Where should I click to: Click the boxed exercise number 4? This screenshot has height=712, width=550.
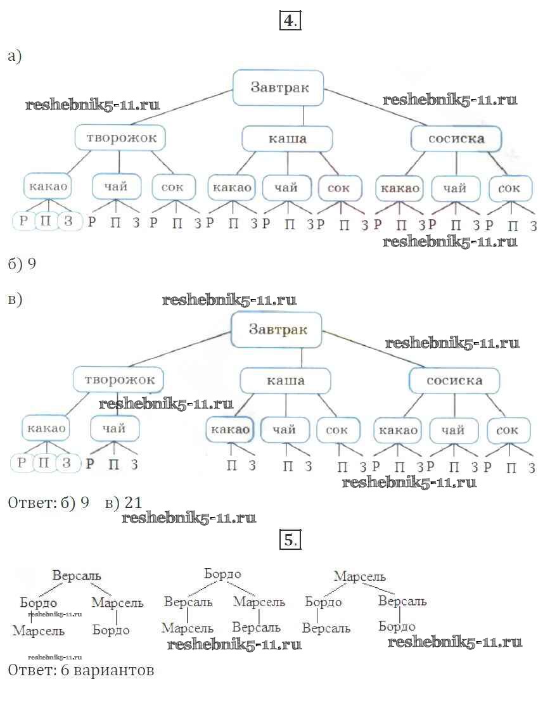pos(289,21)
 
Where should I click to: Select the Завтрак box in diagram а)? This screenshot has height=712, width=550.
pos(279,87)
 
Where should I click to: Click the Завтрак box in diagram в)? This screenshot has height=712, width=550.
pos(277,329)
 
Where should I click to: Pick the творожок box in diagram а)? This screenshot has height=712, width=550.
pos(120,137)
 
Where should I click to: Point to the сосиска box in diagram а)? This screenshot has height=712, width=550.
pos(456,139)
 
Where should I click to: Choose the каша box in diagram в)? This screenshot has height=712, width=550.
pos(285,381)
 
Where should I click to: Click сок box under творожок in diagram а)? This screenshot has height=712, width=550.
pos(172,188)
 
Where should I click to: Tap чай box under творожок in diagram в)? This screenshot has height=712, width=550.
pos(115,429)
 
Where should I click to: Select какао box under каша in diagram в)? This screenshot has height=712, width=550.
pos(229,429)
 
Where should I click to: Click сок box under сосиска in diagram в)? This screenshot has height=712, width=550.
pos(508,431)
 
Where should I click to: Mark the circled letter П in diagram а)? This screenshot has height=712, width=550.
pos(46,222)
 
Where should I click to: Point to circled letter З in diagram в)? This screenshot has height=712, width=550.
pos(66,462)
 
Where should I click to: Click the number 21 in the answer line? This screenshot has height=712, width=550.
pos(133,503)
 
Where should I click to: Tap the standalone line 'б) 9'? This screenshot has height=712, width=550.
pos(22,264)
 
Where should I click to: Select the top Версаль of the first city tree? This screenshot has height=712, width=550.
pos(77,576)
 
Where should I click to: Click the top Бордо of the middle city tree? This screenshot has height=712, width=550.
pos(222,574)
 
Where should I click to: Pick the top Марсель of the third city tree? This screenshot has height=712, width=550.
pos(359,576)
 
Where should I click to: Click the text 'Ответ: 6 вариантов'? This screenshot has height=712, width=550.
pos(80,670)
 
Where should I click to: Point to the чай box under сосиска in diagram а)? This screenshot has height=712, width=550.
pos(454,188)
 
